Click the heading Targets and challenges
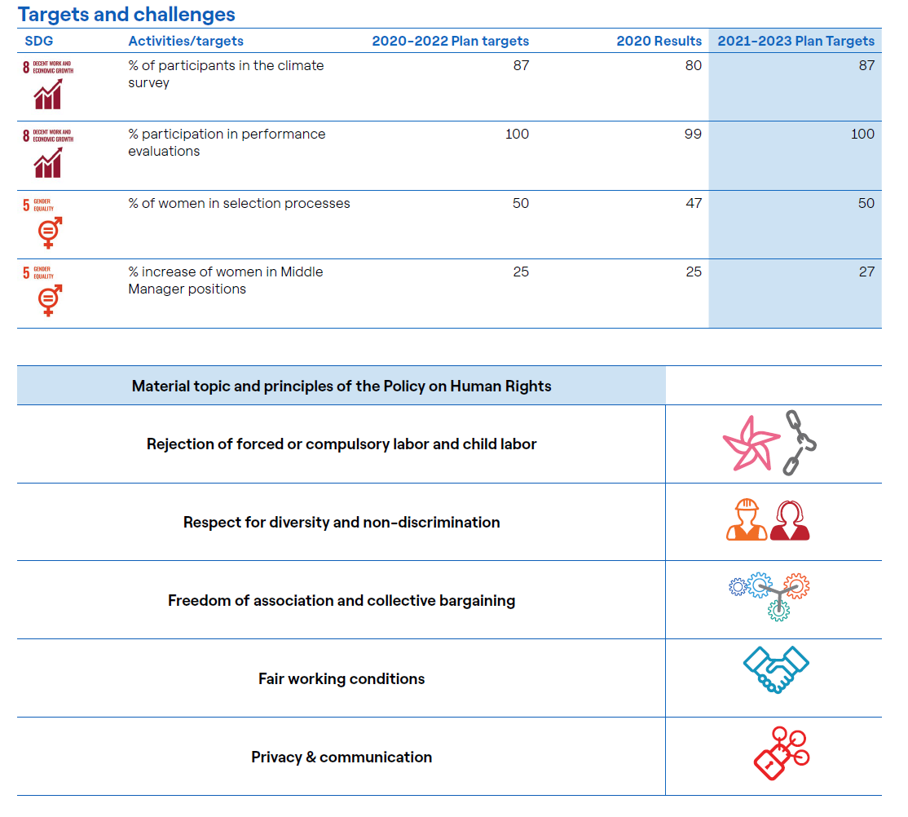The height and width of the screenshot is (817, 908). click(x=126, y=14)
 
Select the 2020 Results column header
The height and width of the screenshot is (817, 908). click(x=659, y=41)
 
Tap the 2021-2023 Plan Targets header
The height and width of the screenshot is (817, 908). click(x=796, y=41)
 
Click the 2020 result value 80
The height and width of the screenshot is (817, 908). click(x=693, y=65)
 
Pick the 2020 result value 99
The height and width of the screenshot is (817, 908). click(x=693, y=134)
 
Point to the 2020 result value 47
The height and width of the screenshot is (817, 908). click(x=693, y=203)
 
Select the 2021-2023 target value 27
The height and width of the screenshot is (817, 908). click(x=866, y=272)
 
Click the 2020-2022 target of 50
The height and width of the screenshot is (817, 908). click(x=521, y=203)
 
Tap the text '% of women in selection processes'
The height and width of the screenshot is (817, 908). click(x=239, y=203)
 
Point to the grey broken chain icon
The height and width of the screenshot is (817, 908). click(x=800, y=443)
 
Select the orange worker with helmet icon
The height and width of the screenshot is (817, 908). click(x=747, y=520)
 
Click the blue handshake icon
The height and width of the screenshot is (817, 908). click(x=775, y=669)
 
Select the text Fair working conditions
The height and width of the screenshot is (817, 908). click(x=342, y=678)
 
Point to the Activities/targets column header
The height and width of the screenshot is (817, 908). click(x=186, y=41)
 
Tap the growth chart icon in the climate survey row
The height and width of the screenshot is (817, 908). click(x=47, y=96)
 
